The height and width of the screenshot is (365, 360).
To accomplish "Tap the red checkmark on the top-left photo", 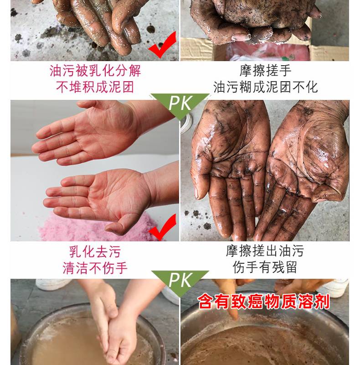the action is pyautogui.click(x=162, y=45).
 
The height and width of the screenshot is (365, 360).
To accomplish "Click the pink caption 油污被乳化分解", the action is pyautogui.click(x=95, y=71).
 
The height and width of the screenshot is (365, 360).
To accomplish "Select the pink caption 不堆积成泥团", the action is pyautogui.click(x=95, y=87).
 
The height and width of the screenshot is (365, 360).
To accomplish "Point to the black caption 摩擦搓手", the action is pyautogui.click(x=265, y=71).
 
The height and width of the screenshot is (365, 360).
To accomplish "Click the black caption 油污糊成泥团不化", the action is pyautogui.click(x=265, y=87).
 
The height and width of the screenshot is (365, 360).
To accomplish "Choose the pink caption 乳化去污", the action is pyautogui.click(x=95, y=252).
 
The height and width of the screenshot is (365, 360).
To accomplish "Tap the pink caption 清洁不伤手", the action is pyautogui.click(x=95, y=268).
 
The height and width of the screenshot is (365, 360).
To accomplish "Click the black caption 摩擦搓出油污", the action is pyautogui.click(x=265, y=250).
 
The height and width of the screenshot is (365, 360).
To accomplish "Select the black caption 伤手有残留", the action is pyautogui.click(x=265, y=267).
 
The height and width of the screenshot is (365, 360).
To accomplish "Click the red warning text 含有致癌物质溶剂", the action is pyautogui.click(x=264, y=302).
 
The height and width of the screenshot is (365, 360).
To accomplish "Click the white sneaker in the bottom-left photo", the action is pyautogui.click(x=52, y=284).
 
